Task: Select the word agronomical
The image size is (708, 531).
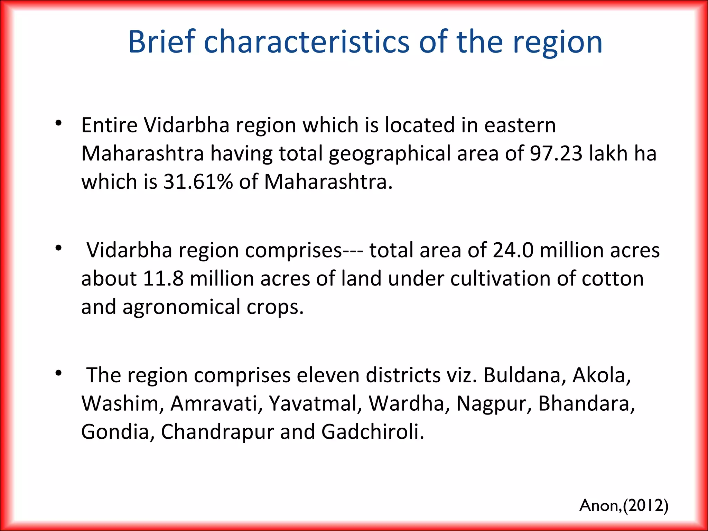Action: point(181,307)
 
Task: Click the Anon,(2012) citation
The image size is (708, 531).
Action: point(624,505)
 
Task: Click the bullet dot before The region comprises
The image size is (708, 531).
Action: point(58,373)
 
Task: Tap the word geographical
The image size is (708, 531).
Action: point(389,154)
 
